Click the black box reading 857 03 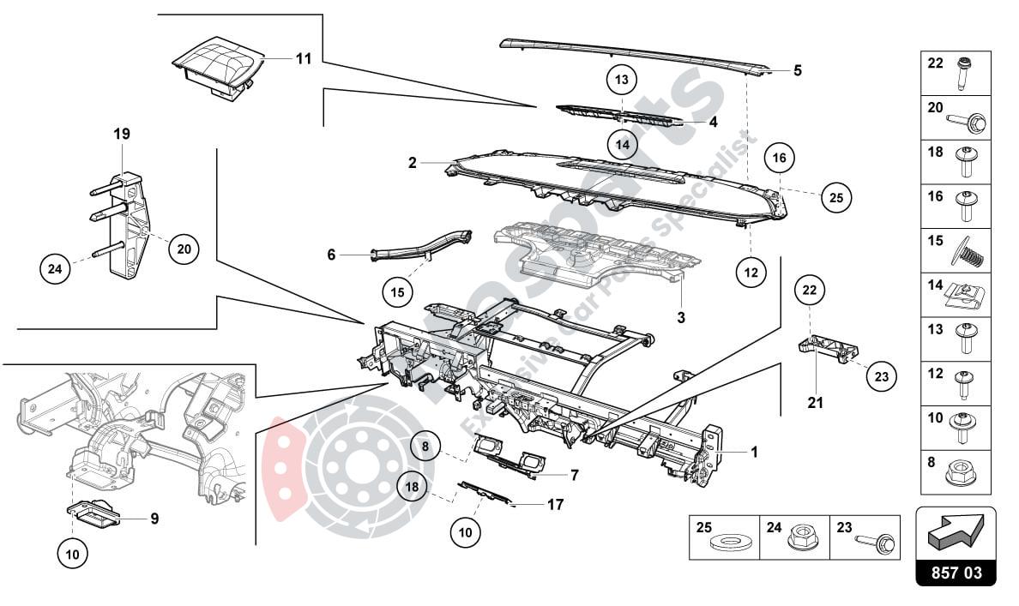[956, 572]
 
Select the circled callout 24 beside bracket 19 [56, 269]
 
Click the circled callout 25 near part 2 [836, 197]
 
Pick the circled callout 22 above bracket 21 [811, 291]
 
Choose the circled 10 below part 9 [73, 555]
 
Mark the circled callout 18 [413, 486]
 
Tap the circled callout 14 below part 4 [623, 143]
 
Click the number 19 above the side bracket [121, 134]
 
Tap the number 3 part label [680, 318]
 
